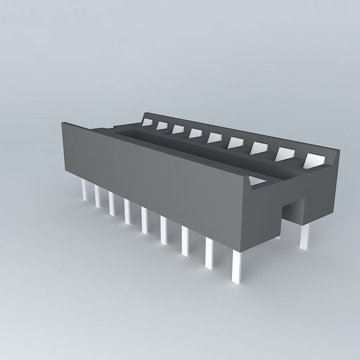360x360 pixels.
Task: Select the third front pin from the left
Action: click(111, 203)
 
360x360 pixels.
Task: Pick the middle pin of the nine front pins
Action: click(145, 221)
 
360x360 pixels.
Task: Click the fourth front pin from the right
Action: click(164, 230)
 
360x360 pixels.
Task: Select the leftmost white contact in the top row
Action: click(148, 122)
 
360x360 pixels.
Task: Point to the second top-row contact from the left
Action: click(163, 125)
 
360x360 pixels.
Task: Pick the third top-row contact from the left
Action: click(178, 129)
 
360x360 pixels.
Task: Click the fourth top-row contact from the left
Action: click(195, 133)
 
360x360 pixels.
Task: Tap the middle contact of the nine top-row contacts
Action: click(214, 137)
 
